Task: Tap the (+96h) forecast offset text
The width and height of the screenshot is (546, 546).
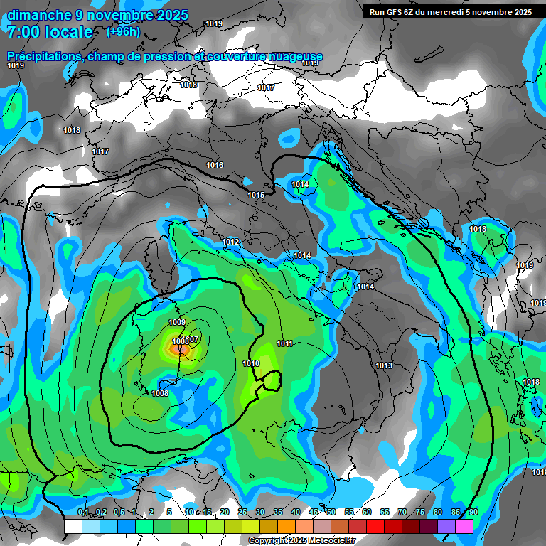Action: (123, 32)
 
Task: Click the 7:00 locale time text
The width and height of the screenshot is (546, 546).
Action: (50, 32)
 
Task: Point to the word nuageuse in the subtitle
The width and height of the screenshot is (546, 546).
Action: (297, 57)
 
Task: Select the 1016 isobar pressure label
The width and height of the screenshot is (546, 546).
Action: (215, 166)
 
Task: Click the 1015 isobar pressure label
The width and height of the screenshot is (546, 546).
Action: (256, 196)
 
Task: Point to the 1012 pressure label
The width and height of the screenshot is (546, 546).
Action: (230, 242)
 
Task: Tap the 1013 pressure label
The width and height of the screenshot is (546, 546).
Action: (384, 365)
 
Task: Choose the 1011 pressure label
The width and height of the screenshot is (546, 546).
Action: (285, 344)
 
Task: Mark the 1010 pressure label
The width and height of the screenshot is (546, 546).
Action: (251, 363)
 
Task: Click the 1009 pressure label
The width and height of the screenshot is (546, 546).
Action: (177, 323)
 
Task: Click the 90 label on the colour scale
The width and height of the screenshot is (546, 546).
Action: (473, 513)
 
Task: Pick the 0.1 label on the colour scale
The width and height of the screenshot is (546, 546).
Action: (83, 513)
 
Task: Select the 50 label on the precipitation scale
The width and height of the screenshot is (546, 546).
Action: (331, 513)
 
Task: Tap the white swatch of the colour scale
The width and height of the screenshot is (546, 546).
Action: (73, 526)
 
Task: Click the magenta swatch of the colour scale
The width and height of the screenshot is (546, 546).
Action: (464, 526)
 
